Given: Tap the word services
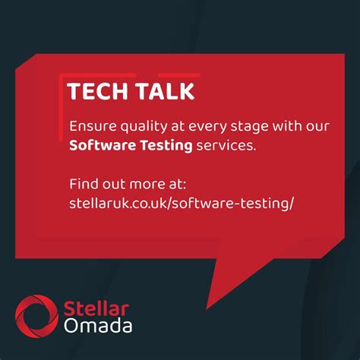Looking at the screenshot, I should pos(226,144).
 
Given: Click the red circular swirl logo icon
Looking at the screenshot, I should pos(35,317).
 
